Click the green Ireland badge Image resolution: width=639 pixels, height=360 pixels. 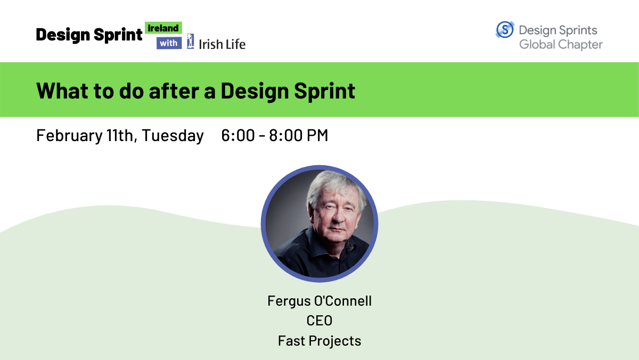163,28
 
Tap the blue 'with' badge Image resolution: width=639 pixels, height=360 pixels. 169,43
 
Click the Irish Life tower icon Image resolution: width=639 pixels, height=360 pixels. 191,42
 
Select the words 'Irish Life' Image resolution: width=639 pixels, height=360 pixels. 222,44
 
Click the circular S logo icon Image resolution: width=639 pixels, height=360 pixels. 505,30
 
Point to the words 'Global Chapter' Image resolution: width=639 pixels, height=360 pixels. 561,45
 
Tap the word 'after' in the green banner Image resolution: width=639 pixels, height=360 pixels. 174,91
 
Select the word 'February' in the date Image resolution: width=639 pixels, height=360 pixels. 69,135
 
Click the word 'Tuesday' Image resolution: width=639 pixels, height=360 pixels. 173,135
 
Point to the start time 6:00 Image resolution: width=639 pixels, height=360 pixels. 238,135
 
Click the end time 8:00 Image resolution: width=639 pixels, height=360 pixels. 286,135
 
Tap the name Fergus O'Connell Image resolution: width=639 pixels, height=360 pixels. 319,301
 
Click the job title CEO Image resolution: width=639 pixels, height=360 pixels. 319,321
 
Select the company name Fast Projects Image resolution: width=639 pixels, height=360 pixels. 319,341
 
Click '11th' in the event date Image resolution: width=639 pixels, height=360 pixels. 120,135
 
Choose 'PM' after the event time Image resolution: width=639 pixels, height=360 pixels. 317,135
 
